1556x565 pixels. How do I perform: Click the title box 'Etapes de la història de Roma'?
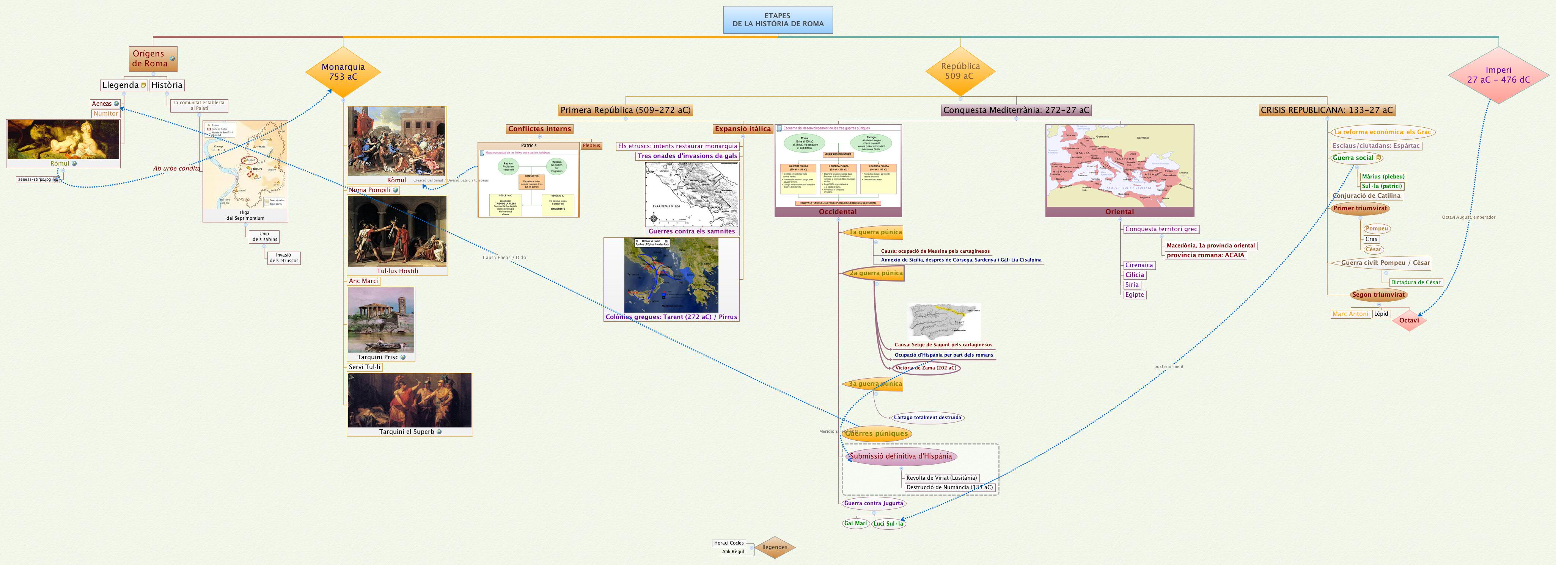[x=778, y=20]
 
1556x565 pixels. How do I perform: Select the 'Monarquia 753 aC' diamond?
[x=343, y=72]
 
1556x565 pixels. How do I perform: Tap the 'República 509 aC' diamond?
[x=960, y=71]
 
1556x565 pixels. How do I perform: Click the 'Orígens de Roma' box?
[x=152, y=59]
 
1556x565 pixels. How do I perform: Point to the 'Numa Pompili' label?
[x=370, y=190]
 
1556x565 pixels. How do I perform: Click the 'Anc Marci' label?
[x=364, y=281]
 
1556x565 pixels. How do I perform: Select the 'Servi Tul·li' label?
[x=365, y=367]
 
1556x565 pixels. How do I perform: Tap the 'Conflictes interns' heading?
[x=539, y=128]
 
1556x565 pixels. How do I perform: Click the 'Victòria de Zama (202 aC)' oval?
[x=926, y=368]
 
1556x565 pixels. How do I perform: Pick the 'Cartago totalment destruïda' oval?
[x=927, y=417]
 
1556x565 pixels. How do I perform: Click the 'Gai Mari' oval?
[x=855, y=523]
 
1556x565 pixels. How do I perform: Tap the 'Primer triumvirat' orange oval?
[x=1360, y=208]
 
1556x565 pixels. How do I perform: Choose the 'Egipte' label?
[x=1135, y=294]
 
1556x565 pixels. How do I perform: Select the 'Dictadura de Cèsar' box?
[x=1415, y=282]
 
